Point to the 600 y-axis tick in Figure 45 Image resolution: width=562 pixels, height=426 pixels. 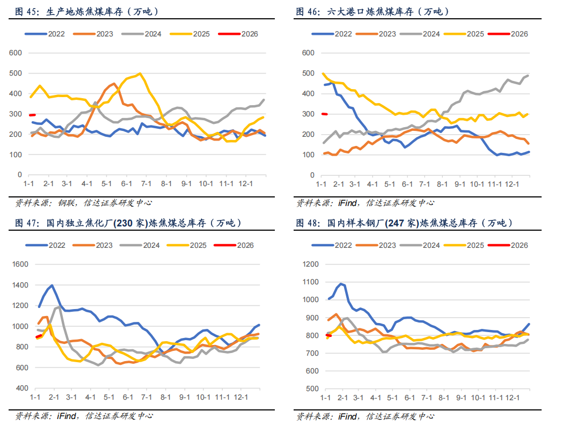16,53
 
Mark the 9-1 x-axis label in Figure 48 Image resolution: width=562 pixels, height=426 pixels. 460,397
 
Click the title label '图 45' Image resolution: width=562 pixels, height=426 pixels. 26,11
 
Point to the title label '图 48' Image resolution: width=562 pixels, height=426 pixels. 308,223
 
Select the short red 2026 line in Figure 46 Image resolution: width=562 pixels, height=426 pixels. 324,114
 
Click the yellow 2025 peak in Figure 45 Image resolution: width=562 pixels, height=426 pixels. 140,74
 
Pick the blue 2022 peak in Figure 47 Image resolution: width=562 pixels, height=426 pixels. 52,285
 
